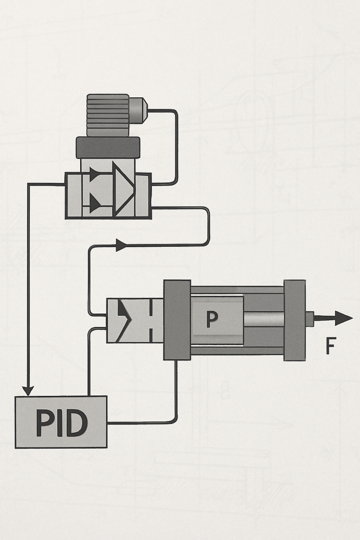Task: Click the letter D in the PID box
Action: point(77,423)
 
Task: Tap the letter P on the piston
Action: point(212,319)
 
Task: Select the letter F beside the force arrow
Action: point(330,346)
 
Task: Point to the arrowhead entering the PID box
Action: point(28,390)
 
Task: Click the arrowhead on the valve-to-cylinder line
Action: point(120,245)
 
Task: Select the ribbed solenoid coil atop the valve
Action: point(108,115)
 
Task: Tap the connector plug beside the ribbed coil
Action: point(137,110)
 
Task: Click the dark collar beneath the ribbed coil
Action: point(108,147)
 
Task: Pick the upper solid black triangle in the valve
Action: point(95,174)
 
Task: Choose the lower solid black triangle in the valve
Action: point(95,204)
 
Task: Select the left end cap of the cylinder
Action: point(177,319)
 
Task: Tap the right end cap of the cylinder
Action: point(294,320)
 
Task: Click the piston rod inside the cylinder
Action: point(263,319)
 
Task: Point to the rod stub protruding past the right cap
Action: point(309,319)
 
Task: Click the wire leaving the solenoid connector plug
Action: point(176,145)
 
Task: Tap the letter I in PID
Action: point(60,423)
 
